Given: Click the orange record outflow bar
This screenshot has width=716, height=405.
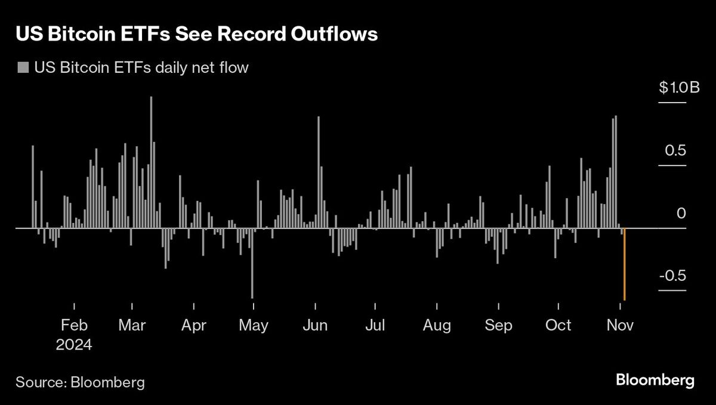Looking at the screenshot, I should pyautogui.click(x=624, y=265).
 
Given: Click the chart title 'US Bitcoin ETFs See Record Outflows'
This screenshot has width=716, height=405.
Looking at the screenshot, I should pyautogui.click(x=197, y=34).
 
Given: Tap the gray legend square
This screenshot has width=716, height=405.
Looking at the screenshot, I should pyautogui.click(x=23, y=67).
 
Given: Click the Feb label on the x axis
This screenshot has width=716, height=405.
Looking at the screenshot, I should pyautogui.click(x=75, y=326).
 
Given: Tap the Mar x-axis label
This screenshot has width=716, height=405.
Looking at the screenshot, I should pyautogui.click(x=132, y=326).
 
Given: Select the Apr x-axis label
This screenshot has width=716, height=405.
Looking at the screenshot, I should pyautogui.click(x=194, y=326).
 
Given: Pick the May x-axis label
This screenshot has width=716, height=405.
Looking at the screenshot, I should pyautogui.click(x=254, y=326).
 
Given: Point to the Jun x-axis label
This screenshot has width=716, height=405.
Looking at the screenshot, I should pyautogui.click(x=315, y=326).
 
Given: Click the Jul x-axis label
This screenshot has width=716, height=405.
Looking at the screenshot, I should pyautogui.click(x=376, y=326).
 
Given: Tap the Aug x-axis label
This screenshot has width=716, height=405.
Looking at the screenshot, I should pyautogui.click(x=437, y=326).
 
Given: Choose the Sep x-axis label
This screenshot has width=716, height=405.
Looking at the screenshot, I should pyautogui.click(x=498, y=326).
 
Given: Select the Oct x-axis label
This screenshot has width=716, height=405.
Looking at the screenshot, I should pyautogui.click(x=559, y=326).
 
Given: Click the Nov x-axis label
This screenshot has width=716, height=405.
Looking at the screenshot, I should pyautogui.click(x=621, y=326).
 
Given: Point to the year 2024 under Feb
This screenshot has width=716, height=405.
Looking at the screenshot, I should pyautogui.click(x=75, y=345).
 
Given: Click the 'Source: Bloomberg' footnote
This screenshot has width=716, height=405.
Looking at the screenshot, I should pyautogui.click(x=80, y=382).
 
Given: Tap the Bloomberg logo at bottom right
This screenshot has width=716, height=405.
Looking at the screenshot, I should pyautogui.click(x=655, y=380).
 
